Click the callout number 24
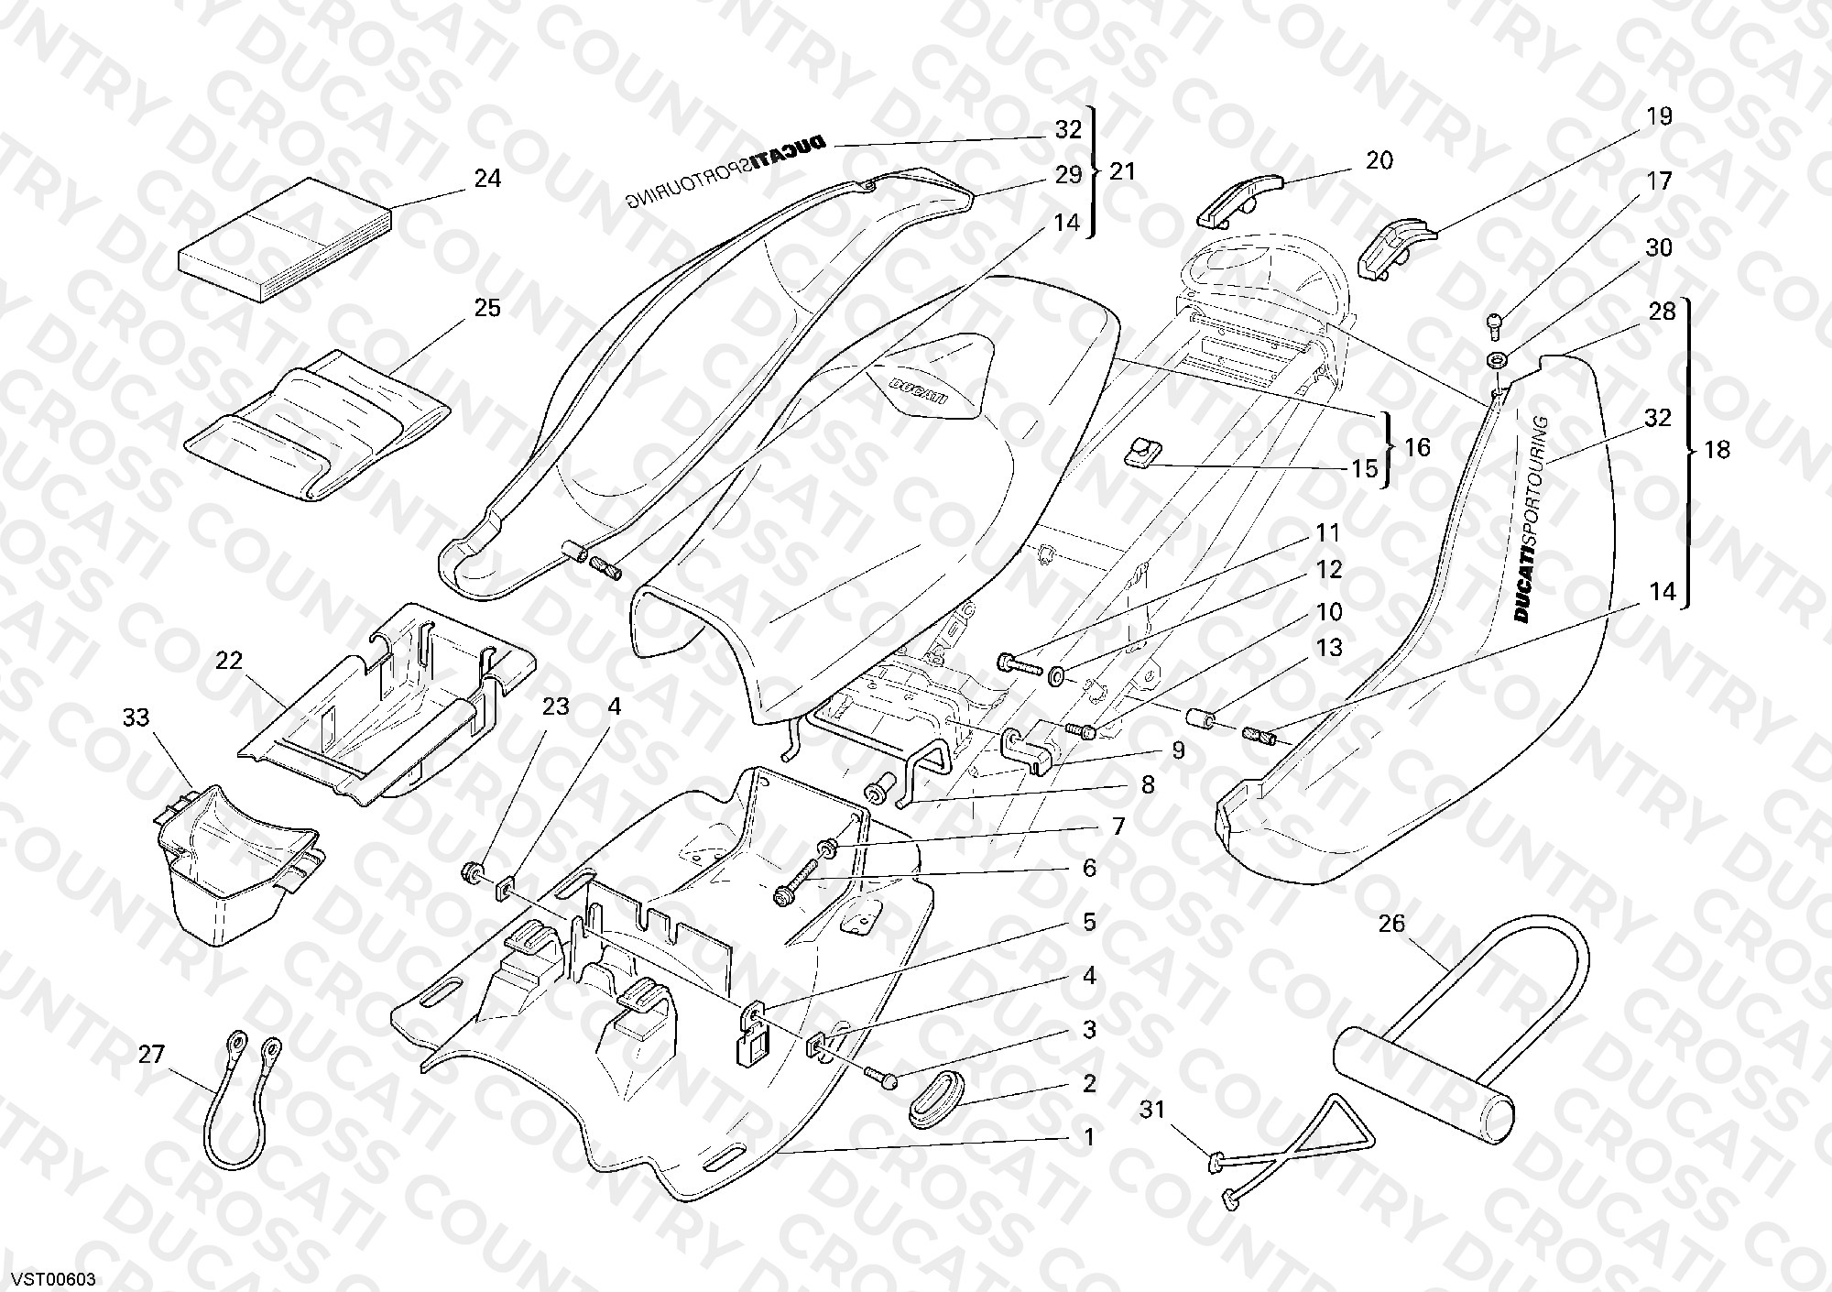(487, 178)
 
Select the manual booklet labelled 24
(285, 240)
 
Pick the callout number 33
(136, 717)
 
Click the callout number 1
(1089, 1137)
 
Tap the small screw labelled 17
(1496, 323)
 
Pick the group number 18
(1717, 450)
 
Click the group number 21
(1122, 171)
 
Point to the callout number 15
(1364, 468)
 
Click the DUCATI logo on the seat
(917, 389)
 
